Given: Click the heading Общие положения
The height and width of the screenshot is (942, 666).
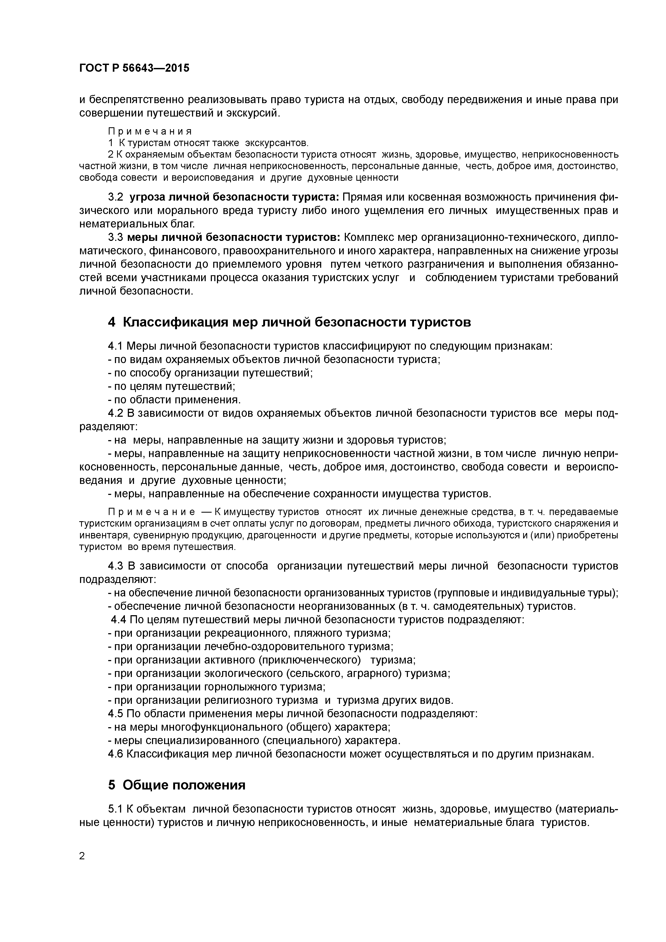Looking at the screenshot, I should [x=184, y=785].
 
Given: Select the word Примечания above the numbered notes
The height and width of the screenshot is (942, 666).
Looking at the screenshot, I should [x=150, y=131].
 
